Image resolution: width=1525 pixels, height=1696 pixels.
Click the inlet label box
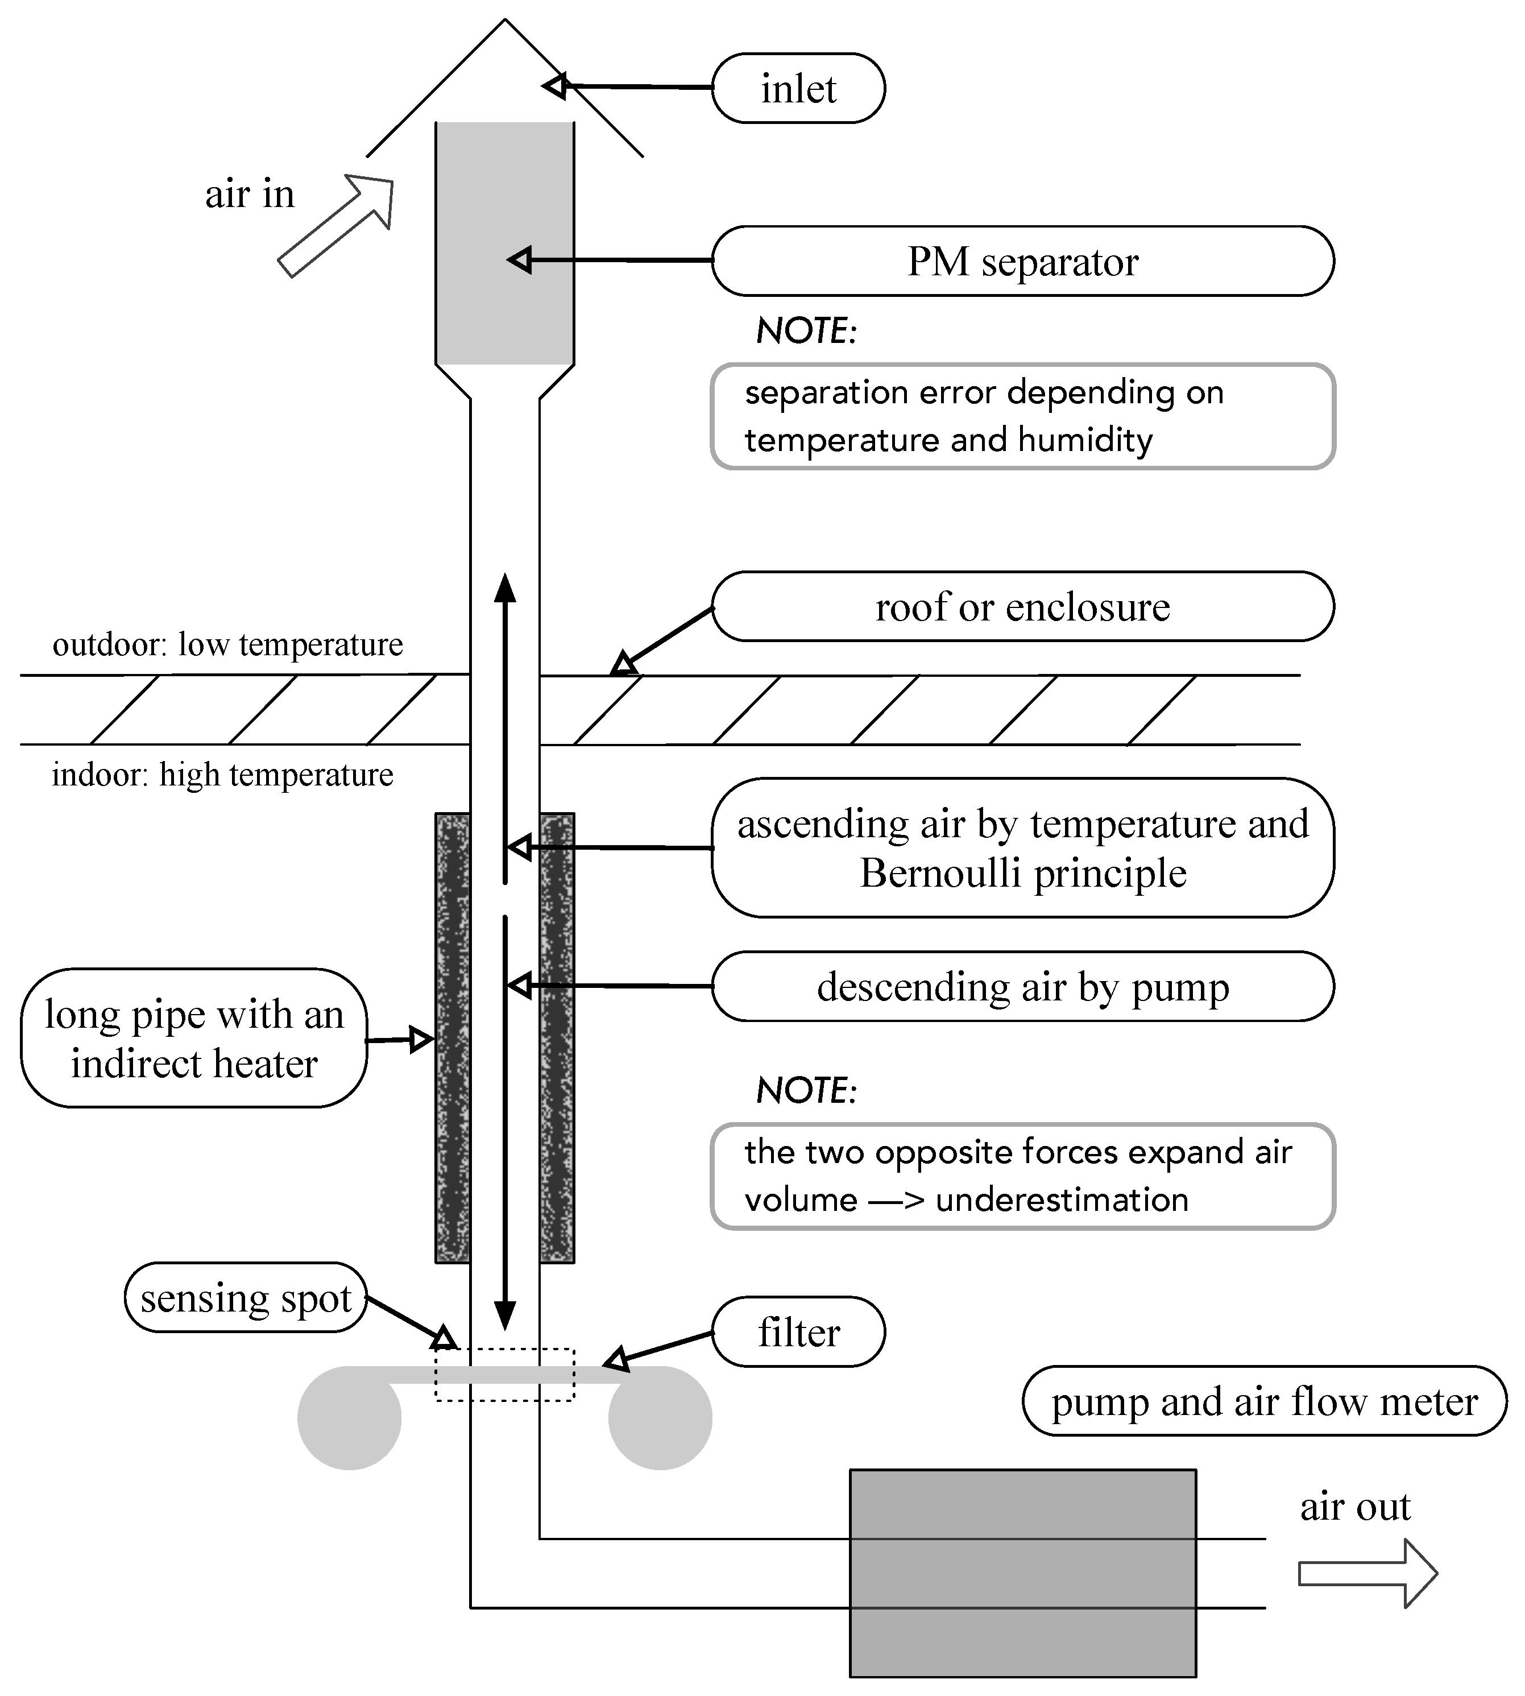[x=798, y=89]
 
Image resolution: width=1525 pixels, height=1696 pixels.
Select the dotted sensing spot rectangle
[x=504, y=1374]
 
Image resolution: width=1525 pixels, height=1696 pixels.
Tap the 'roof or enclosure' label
[x=1022, y=607]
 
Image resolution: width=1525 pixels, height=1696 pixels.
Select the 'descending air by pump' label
[x=1022, y=986]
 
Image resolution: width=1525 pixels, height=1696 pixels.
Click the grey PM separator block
[x=504, y=243]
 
